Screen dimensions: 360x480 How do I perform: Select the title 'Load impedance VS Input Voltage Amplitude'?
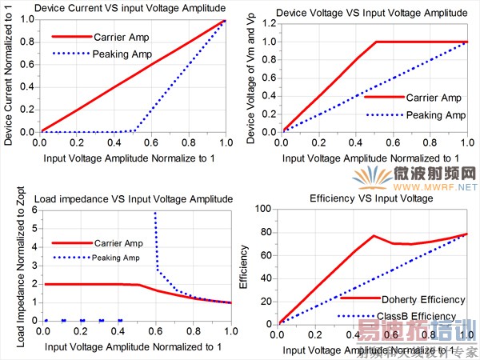click(x=124, y=198)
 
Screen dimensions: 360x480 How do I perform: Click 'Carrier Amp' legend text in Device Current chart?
click(x=121, y=36)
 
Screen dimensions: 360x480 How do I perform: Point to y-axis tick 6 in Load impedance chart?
click(x=34, y=210)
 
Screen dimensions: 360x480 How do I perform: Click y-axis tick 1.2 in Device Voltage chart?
click(x=269, y=24)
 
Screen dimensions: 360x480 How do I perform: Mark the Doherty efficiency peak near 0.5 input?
click(x=374, y=236)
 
